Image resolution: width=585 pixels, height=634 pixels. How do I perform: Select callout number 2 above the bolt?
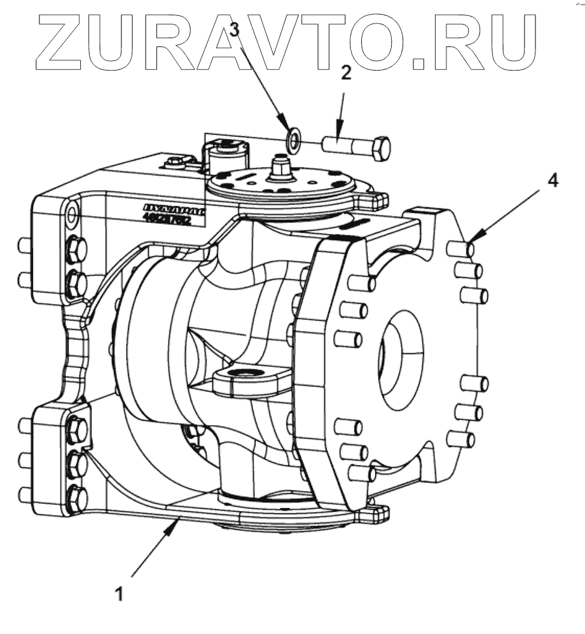click(346, 73)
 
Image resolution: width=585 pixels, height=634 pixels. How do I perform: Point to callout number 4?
click(554, 181)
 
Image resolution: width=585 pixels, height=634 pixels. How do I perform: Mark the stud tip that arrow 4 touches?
click(471, 247)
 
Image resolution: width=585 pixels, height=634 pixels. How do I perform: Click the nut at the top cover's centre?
click(278, 169)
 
